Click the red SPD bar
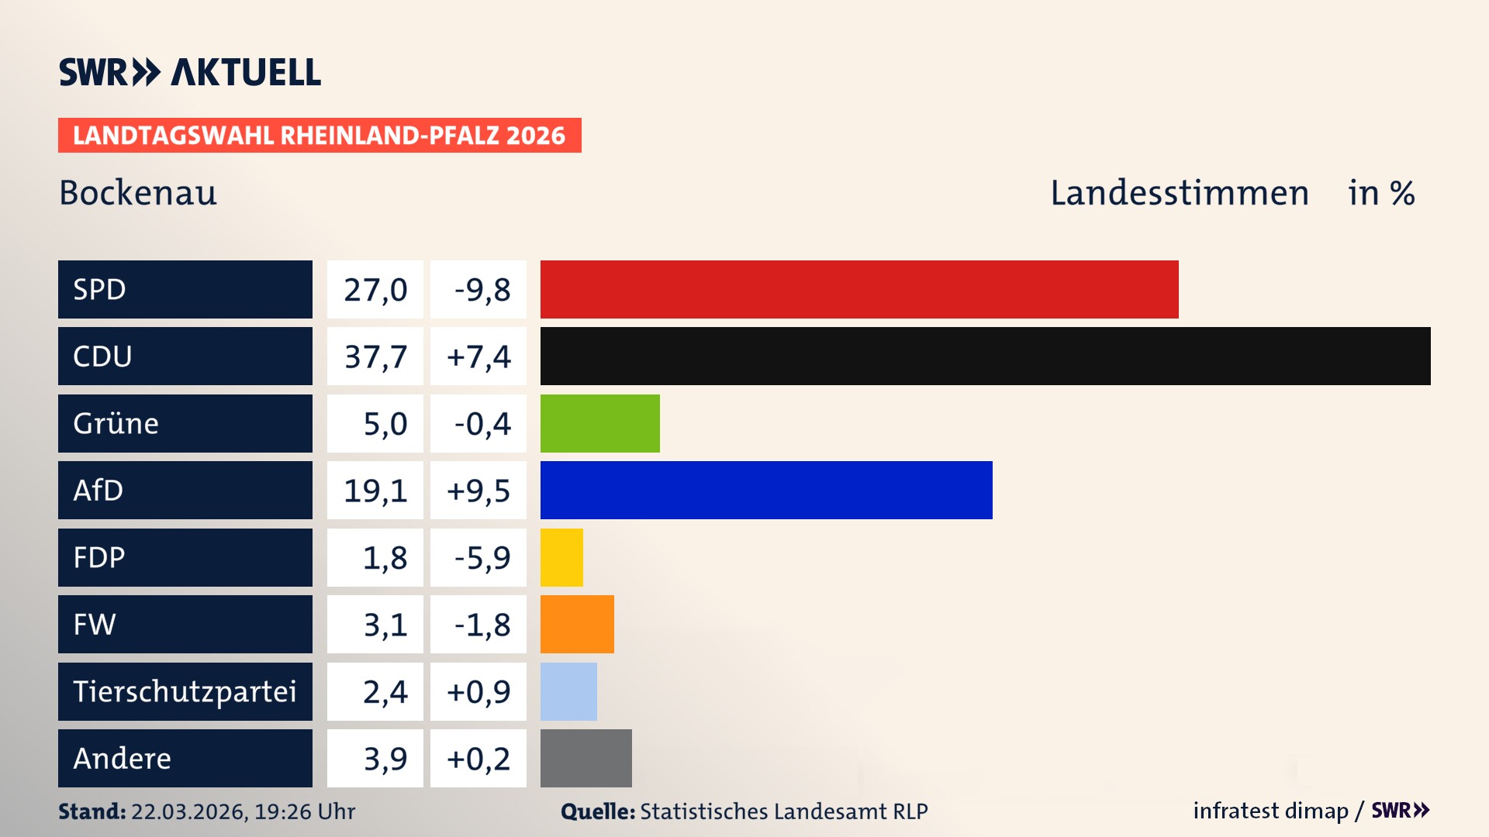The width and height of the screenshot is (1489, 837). (859, 289)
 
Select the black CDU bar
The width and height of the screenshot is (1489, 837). (985, 356)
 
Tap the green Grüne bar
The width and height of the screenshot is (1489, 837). (599, 423)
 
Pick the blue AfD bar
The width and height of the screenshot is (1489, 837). (766, 490)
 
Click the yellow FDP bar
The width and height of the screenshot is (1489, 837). (561, 557)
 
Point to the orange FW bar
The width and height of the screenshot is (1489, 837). (577, 624)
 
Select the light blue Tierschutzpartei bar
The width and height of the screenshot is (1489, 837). (568, 691)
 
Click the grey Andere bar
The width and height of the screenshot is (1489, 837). (586, 758)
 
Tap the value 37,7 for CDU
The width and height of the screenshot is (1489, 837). (375, 356)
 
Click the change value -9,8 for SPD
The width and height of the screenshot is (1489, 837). (482, 290)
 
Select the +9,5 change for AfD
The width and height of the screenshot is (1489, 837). (478, 491)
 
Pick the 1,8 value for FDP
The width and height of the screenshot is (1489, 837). (385, 558)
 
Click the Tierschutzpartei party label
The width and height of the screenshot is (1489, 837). (185, 691)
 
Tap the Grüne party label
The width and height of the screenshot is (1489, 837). (116, 423)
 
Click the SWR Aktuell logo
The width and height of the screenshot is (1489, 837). (190, 72)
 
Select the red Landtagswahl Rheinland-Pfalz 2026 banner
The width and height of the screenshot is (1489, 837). (320, 136)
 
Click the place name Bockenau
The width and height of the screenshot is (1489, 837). (138, 193)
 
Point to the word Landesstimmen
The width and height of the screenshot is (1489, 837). (1179, 193)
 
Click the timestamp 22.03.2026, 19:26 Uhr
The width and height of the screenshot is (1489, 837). (243, 811)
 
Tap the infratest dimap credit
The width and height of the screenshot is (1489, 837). (1270, 811)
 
